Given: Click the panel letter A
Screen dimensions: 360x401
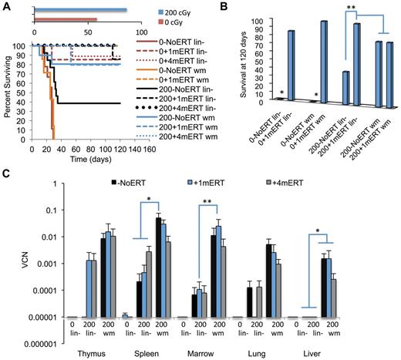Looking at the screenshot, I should [x=6, y=6].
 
